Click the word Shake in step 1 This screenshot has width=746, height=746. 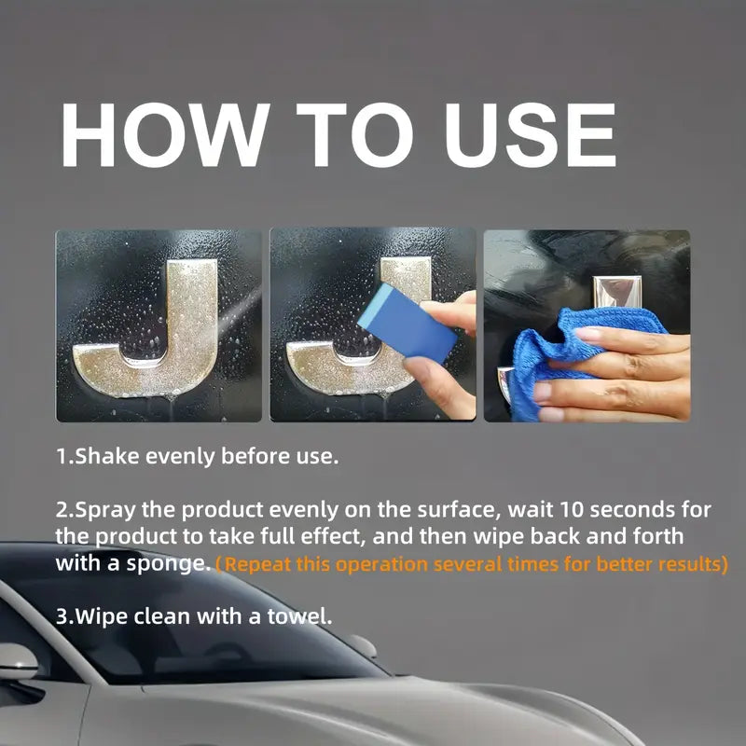point(102,457)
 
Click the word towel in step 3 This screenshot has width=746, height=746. point(300,616)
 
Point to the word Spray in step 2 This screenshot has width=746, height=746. point(105,510)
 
